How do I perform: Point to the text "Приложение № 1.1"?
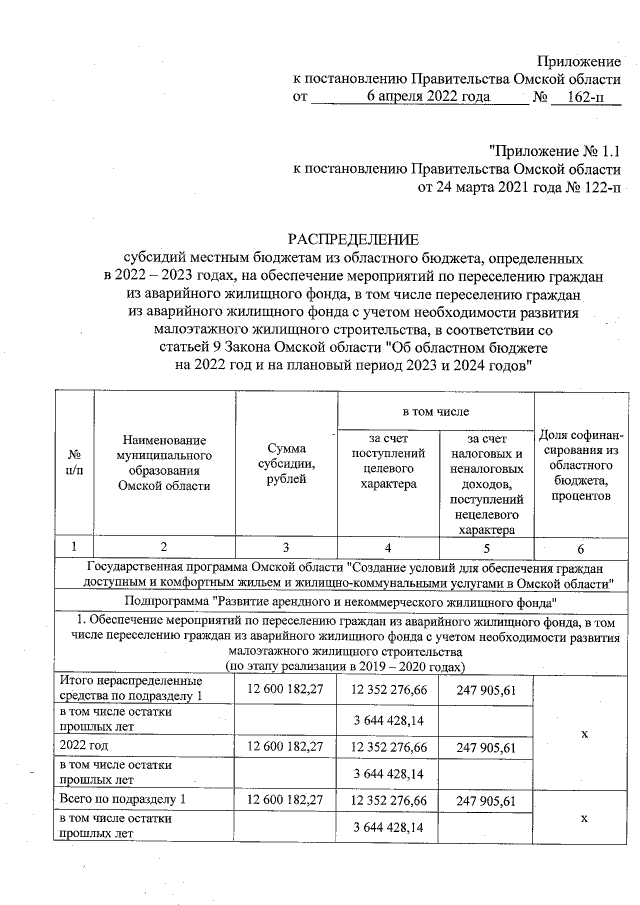554,151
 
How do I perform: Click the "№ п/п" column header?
73,463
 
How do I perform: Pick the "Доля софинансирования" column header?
581,463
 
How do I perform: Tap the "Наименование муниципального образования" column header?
164,463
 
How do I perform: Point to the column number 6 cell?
581,548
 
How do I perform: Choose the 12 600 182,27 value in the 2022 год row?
286,746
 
